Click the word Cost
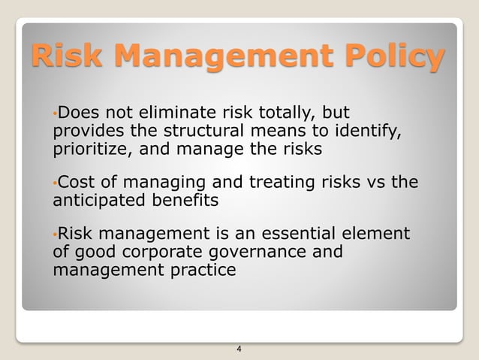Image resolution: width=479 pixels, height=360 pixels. (x=75, y=183)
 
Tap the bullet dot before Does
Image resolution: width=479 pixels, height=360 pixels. (x=55, y=115)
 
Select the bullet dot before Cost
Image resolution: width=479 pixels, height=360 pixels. (x=55, y=184)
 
